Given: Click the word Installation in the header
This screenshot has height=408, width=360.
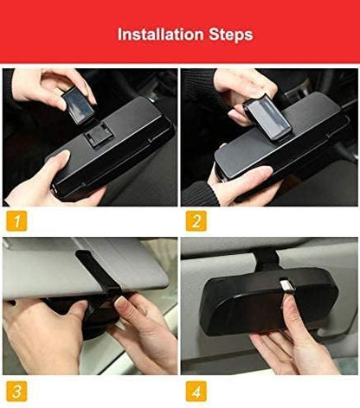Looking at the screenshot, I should [153, 35].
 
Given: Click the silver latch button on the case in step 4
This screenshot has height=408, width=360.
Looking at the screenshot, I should [285, 307].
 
